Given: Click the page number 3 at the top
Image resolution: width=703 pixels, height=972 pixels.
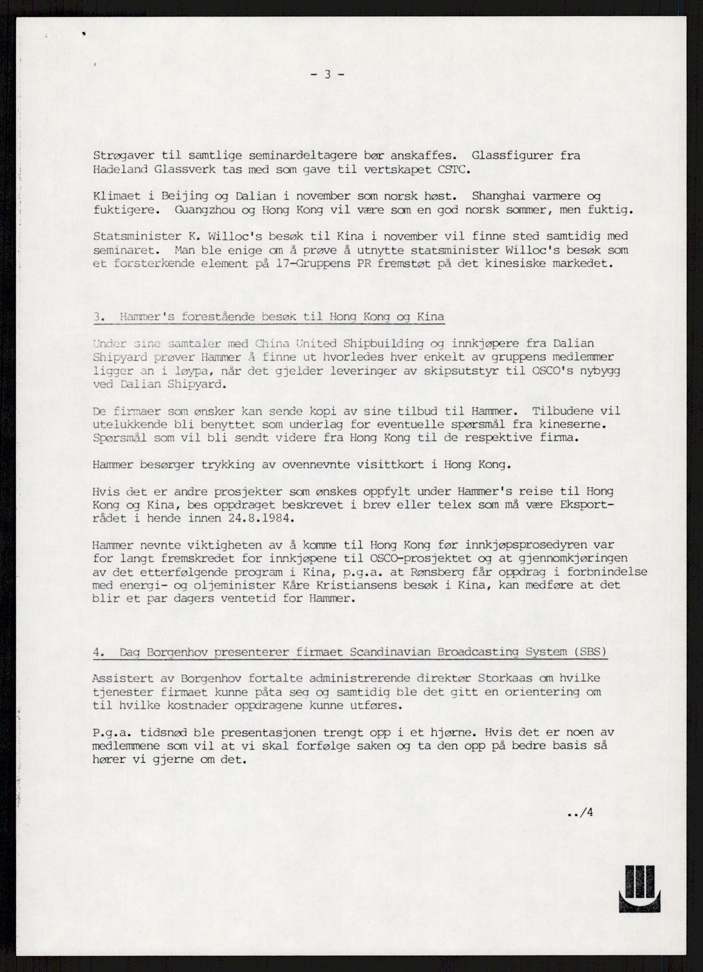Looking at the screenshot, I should pyautogui.click(x=327, y=75).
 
